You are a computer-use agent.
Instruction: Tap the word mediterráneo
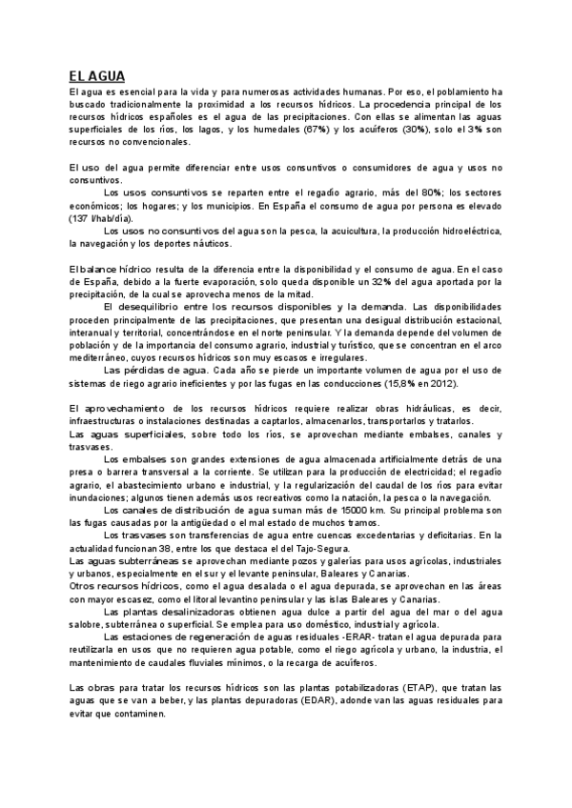point(100,358)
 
